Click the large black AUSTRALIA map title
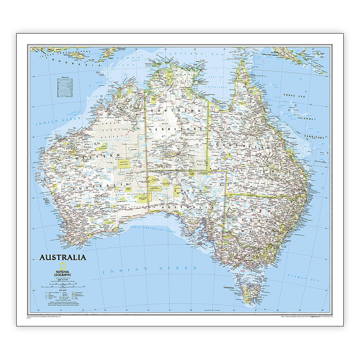pyautogui.click(x=63, y=258)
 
